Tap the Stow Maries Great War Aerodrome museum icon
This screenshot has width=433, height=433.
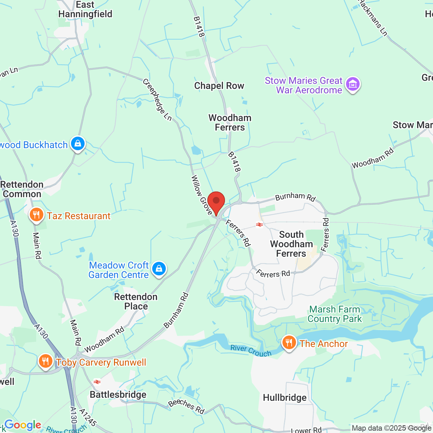(353, 84)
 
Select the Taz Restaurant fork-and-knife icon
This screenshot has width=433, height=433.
(36, 215)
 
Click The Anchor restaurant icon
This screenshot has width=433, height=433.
(289, 343)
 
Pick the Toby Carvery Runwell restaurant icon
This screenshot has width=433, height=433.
(45, 361)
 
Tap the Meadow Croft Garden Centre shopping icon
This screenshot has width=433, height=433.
(159, 269)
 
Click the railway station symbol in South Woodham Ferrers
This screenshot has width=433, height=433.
(259, 225)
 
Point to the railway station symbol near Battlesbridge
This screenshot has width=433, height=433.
(97, 382)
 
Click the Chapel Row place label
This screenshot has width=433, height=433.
(219, 86)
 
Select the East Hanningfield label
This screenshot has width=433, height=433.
(85, 9)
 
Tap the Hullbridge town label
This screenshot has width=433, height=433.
(285, 397)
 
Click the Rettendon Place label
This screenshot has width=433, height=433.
(136, 301)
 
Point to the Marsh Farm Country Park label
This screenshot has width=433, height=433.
(335, 314)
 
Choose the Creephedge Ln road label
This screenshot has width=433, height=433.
(157, 99)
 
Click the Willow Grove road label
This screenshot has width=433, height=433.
(202, 195)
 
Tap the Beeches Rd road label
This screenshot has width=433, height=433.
(186, 406)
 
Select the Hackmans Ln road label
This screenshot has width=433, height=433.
(373, 18)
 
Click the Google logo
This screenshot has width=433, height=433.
(23, 425)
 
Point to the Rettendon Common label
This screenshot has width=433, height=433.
(22, 189)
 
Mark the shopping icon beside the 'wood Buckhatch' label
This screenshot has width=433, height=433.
(78, 144)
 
